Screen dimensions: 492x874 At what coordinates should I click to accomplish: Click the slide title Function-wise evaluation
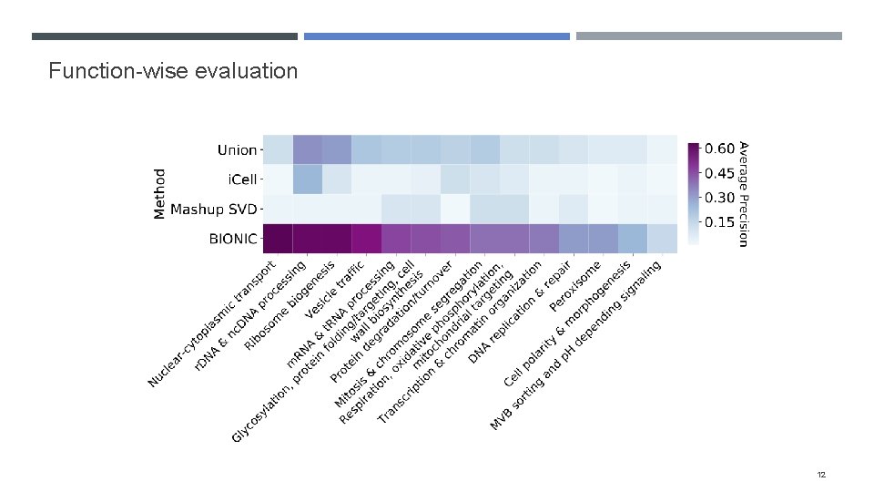pyautogui.click(x=173, y=70)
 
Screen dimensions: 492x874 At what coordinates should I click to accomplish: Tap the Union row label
pyautogui.click(x=237, y=149)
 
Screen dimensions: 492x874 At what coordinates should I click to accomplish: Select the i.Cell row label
pyautogui.click(x=239, y=179)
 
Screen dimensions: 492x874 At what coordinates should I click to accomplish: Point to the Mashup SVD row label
pyautogui.click(x=214, y=210)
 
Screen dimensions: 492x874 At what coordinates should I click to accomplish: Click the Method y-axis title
pyautogui.click(x=160, y=193)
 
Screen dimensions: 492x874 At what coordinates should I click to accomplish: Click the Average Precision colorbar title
pyautogui.click(x=743, y=193)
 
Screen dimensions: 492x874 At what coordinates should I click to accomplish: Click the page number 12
pyautogui.click(x=821, y=475)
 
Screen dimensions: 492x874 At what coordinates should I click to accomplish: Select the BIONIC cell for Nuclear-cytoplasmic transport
pyautogui.click(x=278, y=240)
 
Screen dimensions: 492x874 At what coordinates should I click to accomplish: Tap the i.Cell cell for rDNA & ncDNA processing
pyautogui.click(x=307, y=179)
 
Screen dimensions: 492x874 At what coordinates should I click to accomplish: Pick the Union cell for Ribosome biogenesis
pyautogui.click(x=337, y=149)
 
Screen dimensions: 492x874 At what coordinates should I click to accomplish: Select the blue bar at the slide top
pyautogui.click(x=436, y=36)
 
